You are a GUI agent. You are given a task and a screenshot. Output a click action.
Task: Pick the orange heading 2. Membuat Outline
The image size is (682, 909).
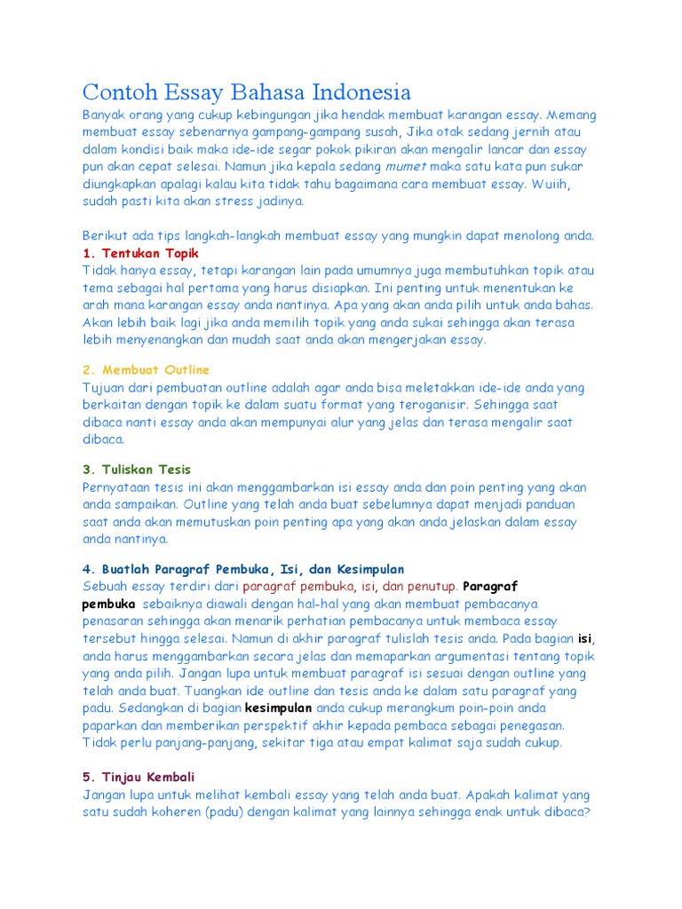147,369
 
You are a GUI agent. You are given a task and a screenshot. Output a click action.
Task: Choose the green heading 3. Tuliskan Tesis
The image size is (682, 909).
137,470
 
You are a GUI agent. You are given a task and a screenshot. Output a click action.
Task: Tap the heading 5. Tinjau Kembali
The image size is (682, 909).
139,777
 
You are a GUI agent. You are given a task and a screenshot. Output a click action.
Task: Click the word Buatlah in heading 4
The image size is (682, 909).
126,569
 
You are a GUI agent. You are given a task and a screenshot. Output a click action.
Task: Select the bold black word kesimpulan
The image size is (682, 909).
278,707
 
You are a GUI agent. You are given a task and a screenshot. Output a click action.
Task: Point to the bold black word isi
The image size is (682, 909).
585,638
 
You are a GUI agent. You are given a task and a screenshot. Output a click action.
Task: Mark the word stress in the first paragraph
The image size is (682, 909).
234,201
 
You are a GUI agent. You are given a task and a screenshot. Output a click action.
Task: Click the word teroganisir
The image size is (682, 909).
413,405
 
